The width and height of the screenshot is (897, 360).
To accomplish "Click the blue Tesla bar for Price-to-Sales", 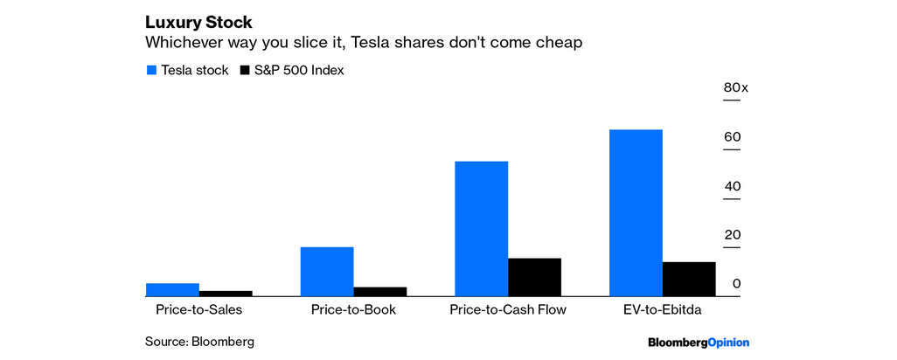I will click(x=172, y=290).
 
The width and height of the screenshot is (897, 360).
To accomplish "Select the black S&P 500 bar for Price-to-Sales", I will click(x=226, y=294).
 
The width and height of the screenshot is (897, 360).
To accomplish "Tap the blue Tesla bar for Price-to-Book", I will click(x=326, y=272).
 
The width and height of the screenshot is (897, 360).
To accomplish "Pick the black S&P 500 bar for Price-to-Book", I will click(x=379, y=292).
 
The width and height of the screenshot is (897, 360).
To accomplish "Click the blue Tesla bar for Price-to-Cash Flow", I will click(x=481, y=229).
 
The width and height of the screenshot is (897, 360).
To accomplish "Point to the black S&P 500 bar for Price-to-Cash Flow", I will click(x=534, y=277).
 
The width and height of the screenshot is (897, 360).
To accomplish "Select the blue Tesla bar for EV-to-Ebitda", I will click(x=636, y=213).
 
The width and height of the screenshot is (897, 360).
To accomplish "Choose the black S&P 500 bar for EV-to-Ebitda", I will click(x=689, y=279).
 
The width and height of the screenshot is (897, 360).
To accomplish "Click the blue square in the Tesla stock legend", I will click(x=150, y=71).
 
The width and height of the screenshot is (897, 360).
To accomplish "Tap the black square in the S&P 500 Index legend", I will click(x=245, y=71).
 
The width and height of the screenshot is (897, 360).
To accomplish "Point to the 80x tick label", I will click(x=735, y=87).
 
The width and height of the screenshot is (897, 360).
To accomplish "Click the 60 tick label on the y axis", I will click(x=733, y=137).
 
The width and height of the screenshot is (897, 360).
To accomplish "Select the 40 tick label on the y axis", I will click(x=733, y=186).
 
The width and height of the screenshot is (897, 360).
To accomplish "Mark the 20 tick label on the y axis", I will click(x=733, y=235).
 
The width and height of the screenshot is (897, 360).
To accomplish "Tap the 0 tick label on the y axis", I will click(x=737, y=284).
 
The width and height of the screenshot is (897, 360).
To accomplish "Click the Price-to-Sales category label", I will click(x=198, y=309).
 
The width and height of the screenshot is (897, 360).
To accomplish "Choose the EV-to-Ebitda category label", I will click(x=662, y=309).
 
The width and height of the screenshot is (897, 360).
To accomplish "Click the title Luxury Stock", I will click(x=198, y=22).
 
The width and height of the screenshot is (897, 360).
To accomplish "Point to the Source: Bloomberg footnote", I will click(x=205, y=342).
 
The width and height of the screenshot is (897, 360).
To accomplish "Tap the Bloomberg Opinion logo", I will click(x=698, y=342).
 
